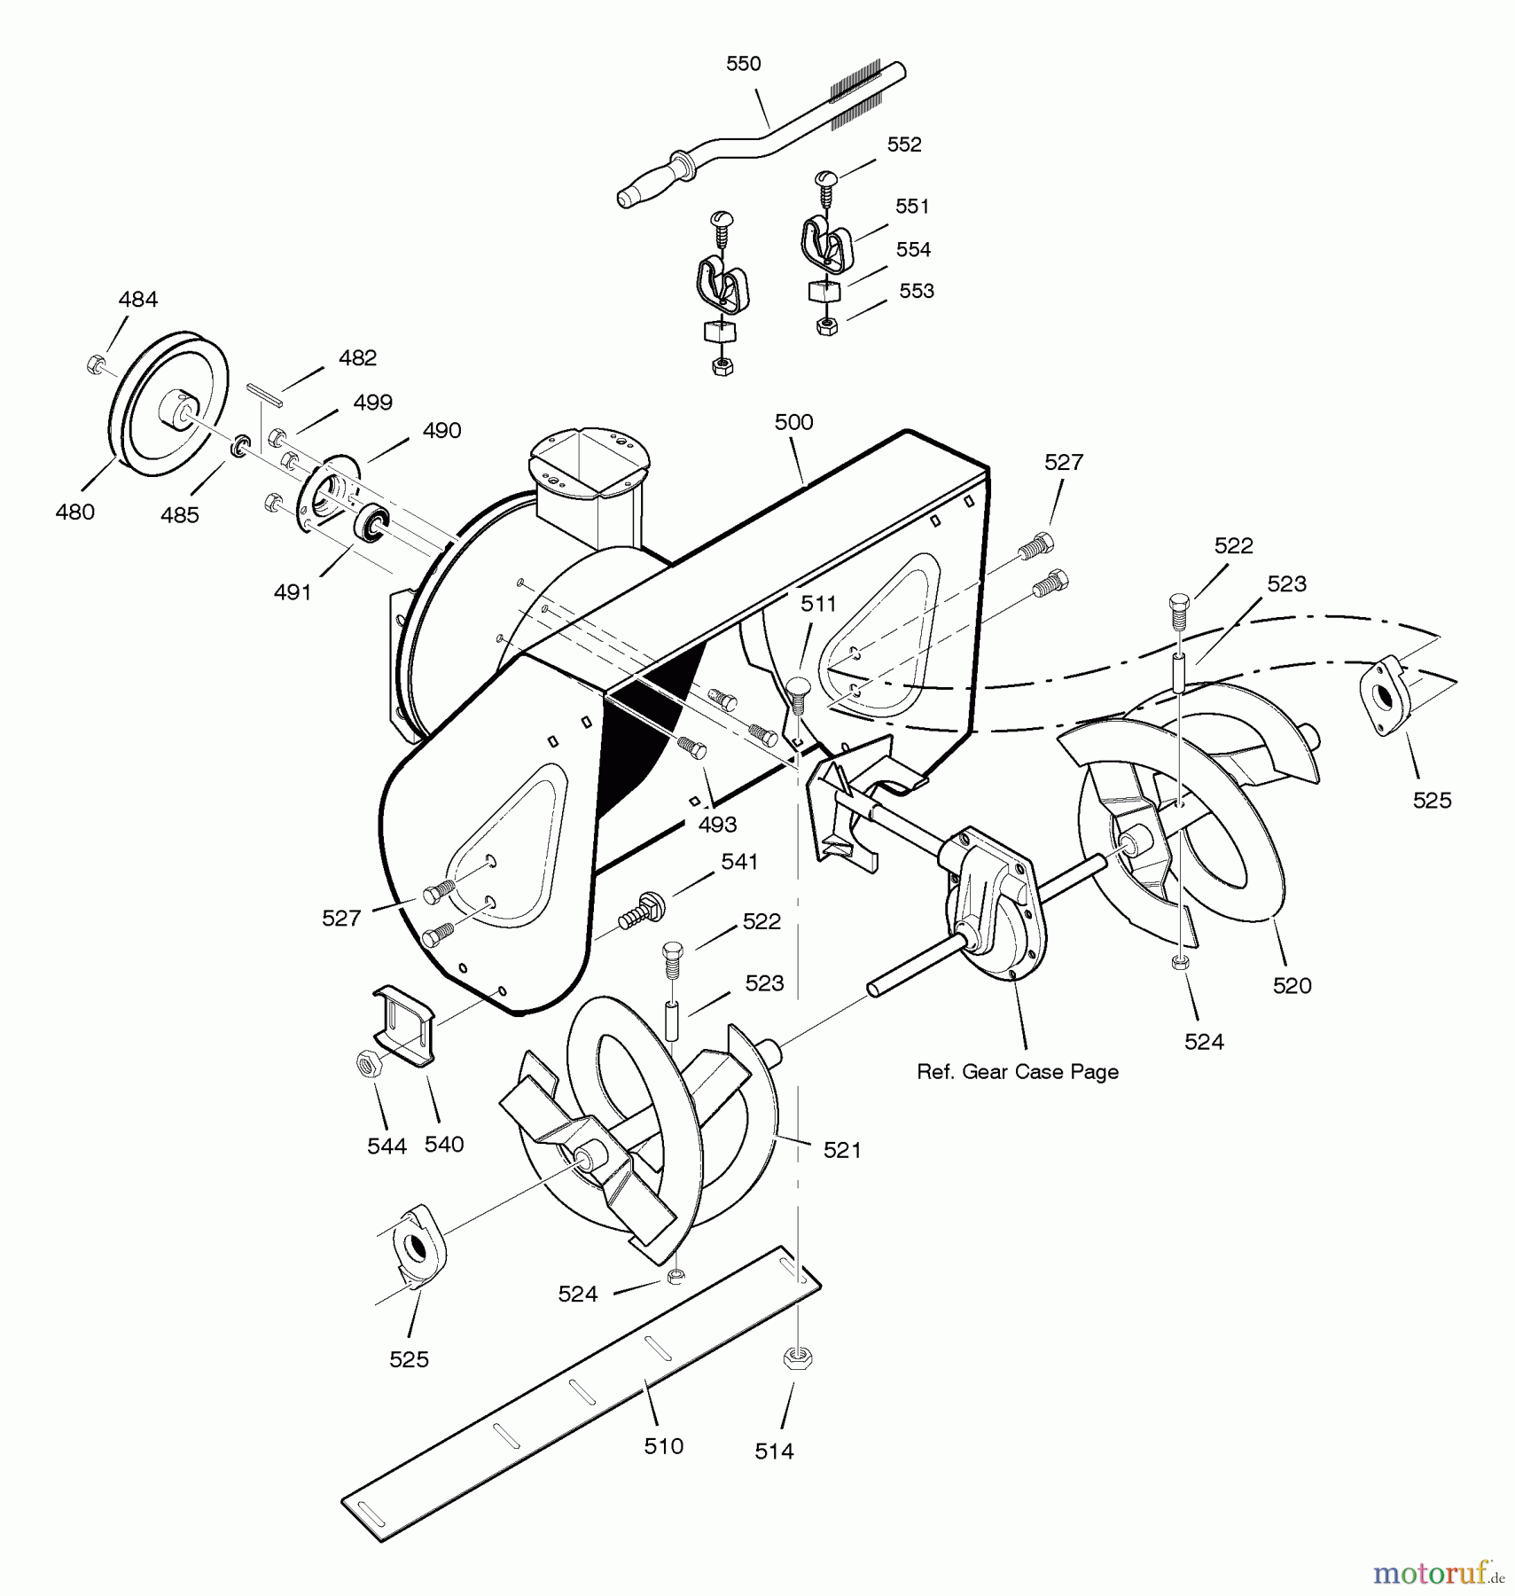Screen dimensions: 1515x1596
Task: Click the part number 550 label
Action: (x=743, y=64)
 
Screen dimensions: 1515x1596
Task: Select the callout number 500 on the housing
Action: (x=793, y=422)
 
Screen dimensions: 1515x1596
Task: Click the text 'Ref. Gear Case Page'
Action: (x=1018, y=1072)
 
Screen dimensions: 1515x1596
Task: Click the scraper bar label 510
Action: (x=663, y=1446)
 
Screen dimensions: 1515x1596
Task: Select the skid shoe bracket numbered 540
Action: (x=404, y=1023)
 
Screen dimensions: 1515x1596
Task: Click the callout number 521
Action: (x=842, y=1150)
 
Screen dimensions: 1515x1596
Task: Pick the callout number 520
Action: (x=1292, y=985)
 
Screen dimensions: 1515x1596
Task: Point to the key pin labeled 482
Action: (x=265, y=395)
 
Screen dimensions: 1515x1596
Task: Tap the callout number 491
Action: (x=293, y=592)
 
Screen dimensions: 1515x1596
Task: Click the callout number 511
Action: (x=818, y=604)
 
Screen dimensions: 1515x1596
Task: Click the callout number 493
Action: (x=717, y=825)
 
